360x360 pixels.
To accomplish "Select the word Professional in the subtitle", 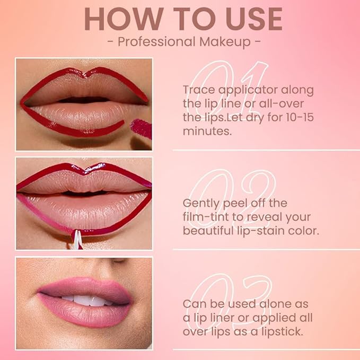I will (x=155, y=42).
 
